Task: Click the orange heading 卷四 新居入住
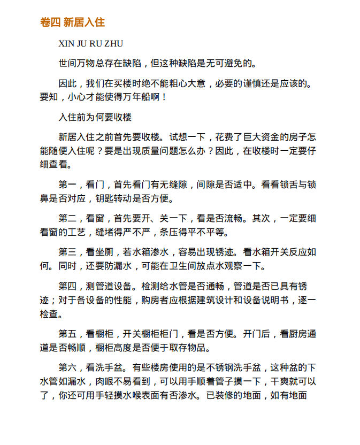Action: pyautogui.click(x=72, y=22)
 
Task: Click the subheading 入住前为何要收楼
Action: pyautogui.click(x=95, y=117)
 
